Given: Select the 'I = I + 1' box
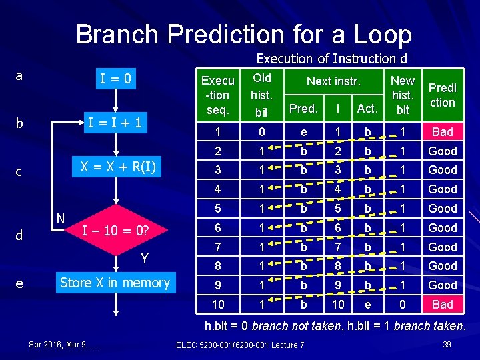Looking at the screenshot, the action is (x=115, y=123).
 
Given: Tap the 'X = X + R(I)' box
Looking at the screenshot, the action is (x=115, y=167).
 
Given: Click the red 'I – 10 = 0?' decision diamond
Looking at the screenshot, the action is (x=115, y=231).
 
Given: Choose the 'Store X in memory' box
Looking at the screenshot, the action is (x=115, y=283).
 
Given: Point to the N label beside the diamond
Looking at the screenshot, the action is (x=60, y=218).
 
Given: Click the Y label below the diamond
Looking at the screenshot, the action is (x=144, y=259).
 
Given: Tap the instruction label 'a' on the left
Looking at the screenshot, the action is (x=19, y=75).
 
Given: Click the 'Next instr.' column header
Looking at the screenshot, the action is (x=333, y=82).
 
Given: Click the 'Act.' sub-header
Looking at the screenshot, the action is (x=367, y=108).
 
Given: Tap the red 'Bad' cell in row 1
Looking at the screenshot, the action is (x=443, y=132).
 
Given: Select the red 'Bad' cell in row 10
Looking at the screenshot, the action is (x=443, y=305).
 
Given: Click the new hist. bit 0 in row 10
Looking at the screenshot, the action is (x=402, y=305).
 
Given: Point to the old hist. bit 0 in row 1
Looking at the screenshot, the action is (x=262, y=132).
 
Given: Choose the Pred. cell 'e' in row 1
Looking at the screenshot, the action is (x=304, y=132).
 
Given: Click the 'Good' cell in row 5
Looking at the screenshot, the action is (x=443, y=209).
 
